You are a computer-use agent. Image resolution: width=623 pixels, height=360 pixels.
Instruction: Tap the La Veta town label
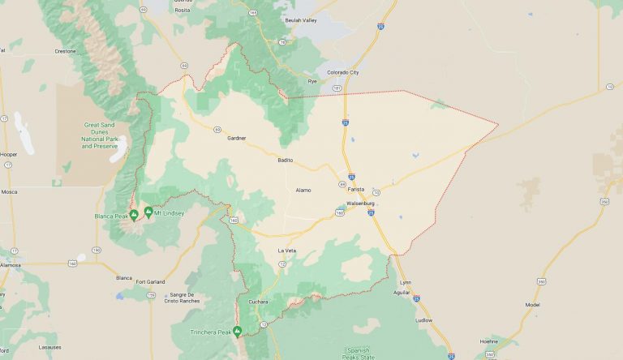(x=287, y=251)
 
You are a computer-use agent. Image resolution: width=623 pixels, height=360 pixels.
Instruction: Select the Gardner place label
(x=236, y=139)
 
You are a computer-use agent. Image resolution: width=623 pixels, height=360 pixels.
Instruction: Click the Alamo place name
(x=303, y=190)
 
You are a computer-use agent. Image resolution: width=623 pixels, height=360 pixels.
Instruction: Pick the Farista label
(x=357, y=189)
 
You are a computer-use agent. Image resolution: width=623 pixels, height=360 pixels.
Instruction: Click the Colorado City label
(x=342, y=72)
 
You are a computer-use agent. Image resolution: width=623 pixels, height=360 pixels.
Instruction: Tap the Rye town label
(x=312, y=81)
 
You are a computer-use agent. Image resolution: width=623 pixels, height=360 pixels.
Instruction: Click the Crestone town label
(x=65, y=51)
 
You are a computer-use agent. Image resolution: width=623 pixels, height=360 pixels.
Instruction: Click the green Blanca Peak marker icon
(x=134, y=215)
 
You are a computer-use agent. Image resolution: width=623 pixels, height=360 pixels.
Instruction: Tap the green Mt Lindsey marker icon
(x=148, y=212)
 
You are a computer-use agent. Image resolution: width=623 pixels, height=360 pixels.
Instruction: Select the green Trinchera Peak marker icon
(x=238, y=331)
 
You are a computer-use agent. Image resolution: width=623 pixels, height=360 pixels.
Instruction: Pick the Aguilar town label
(x=402, y=291)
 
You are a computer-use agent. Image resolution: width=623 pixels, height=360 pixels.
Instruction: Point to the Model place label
(x=532, y=305)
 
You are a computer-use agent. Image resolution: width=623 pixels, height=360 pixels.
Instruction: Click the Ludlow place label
(x=423, y=320)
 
